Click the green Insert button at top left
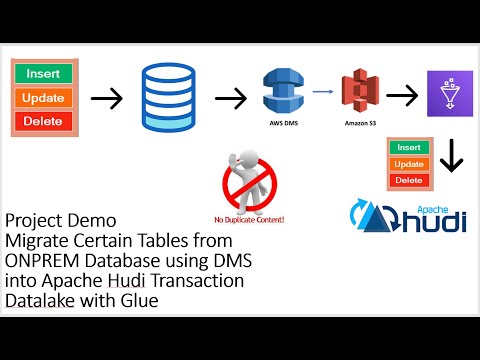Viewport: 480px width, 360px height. [x=42, y=74]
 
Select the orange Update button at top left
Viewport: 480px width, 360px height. [x=42, y=98]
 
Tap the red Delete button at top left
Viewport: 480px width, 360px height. [x=42, y=122]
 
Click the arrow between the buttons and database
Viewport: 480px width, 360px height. [x=106, y=98]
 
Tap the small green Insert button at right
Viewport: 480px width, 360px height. [x=409, y=148]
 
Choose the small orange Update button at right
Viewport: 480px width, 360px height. [x=409, y=164]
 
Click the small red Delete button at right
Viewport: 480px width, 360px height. [x=409, y=180]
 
